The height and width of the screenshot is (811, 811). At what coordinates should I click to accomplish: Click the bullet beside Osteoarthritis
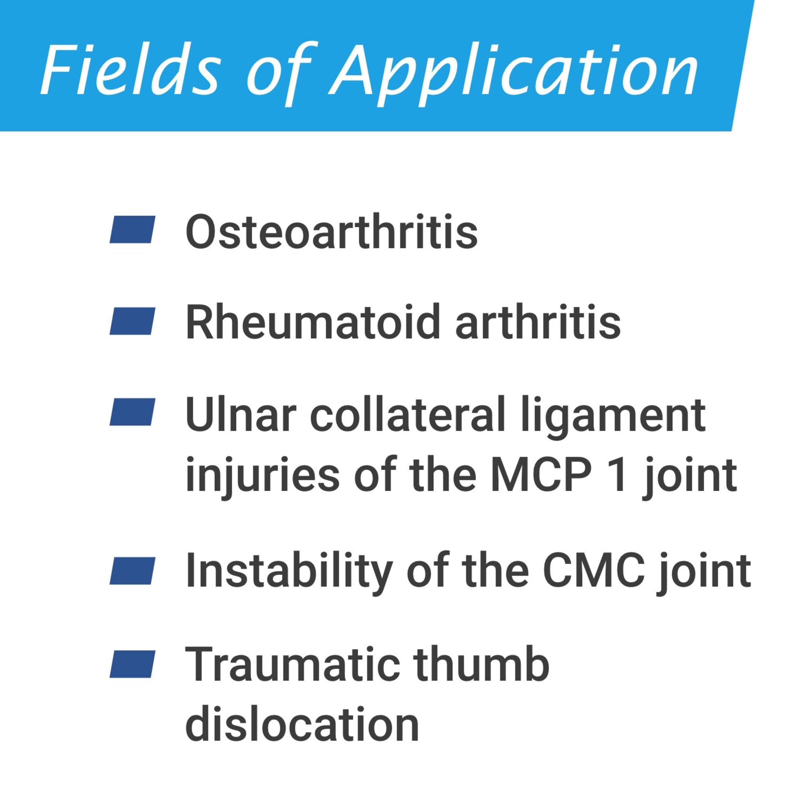pos(132,229)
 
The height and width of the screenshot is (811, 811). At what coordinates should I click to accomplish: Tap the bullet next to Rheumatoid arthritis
pos(132,321)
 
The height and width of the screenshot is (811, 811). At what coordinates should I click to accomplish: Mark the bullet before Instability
pos(132,571)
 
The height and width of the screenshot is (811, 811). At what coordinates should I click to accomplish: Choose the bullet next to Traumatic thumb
pos(132,664)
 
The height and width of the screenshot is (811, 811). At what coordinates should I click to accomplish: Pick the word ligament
pos(613,418)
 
